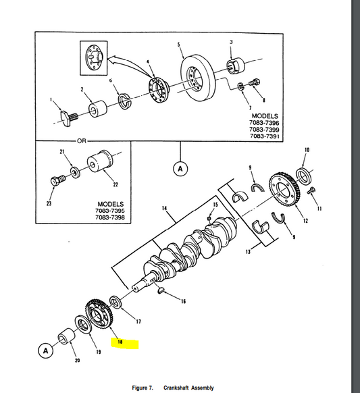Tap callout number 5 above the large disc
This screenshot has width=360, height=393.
click(x=179, y=45)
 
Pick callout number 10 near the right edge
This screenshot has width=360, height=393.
click(x=307, y=149)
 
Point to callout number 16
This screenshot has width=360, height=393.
click(x=182, y=301)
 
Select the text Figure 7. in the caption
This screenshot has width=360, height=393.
click(x=143, y=388)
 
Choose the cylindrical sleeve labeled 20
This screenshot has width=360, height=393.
click(x=66, y=337)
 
